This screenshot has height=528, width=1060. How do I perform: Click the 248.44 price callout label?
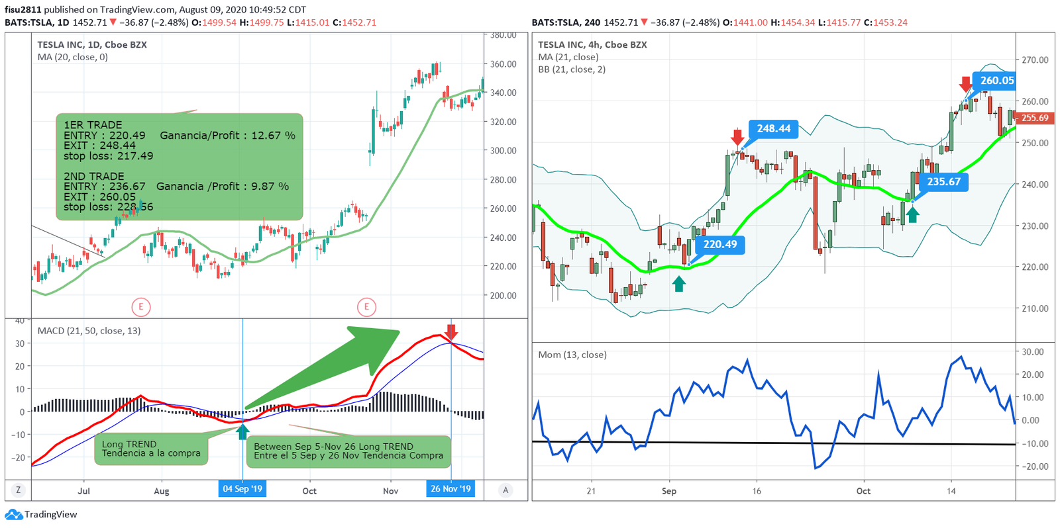773,129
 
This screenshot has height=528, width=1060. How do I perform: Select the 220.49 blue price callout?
719,245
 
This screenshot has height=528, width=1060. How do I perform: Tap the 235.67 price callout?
943,182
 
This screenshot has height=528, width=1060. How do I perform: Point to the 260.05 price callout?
996,81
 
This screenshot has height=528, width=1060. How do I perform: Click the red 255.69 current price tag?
1034,118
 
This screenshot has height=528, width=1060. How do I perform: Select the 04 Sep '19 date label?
242,489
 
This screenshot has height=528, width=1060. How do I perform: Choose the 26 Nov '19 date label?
450,489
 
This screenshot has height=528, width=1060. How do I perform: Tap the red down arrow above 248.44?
737,137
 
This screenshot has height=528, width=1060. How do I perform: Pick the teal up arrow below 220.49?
679,284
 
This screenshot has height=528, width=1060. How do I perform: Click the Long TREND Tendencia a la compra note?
151,449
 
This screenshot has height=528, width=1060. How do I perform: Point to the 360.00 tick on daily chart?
503,64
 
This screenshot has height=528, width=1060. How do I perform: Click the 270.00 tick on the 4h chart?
1035,60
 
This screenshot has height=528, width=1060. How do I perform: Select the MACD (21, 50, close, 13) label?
89,331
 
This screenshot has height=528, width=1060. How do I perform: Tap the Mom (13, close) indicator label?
572,355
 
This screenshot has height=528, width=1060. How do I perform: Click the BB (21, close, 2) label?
572,69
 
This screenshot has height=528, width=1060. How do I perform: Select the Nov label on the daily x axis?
390,491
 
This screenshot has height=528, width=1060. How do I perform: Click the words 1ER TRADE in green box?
93,125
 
